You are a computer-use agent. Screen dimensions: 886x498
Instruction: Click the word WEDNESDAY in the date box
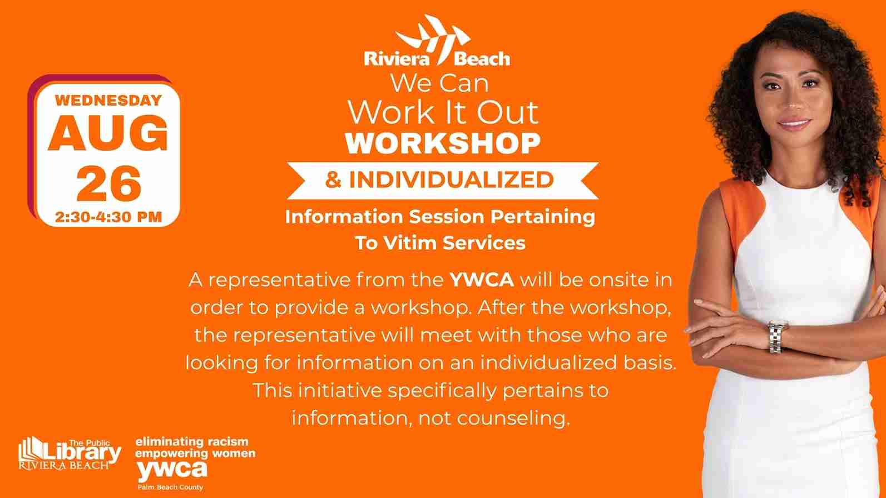(108, 101)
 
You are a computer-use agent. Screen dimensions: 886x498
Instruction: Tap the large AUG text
(108, 133)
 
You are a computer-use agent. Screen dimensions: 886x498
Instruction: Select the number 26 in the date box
(108, 183)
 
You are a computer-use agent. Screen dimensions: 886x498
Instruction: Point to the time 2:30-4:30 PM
(108, 217)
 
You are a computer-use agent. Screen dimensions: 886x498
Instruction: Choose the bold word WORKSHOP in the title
(443, 143)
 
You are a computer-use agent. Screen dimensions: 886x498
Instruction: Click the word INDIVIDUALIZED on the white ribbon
(451, 180)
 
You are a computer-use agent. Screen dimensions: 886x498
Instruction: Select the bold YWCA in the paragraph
(482, 280)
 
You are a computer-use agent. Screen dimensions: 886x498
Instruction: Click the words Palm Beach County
(170, 487)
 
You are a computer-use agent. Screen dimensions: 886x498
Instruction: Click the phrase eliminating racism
(192, 441)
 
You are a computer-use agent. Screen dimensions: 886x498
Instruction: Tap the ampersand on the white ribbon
(333, 180)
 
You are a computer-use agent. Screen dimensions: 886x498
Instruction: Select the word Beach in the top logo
(482, 59)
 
